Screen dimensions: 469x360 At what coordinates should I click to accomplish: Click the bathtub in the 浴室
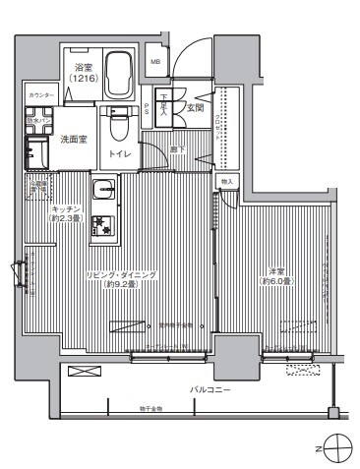[x=118, y=74]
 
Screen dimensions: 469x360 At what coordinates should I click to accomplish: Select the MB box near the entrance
[x=154, y=62]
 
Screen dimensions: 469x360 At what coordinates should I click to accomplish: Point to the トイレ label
[x=119, y=155]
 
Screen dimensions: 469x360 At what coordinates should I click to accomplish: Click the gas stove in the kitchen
[x=102, y=227]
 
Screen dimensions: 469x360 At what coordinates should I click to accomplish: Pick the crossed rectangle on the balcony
[x=85, y=372]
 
